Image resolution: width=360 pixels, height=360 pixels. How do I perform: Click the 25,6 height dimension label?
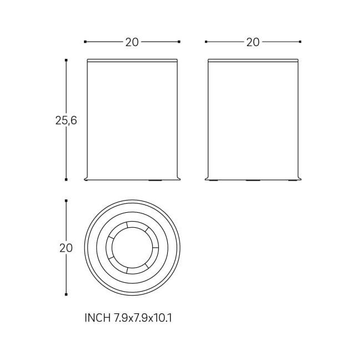(66, 121)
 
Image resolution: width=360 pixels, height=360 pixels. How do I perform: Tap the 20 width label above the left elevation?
(132, 42)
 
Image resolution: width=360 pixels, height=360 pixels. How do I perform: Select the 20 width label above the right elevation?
(253, 42)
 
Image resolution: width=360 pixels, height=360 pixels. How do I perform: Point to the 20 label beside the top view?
(66, 248)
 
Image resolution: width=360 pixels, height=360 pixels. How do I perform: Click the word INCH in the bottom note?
(97, 318)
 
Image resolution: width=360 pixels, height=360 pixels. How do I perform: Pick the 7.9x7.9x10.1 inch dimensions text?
(143, 318)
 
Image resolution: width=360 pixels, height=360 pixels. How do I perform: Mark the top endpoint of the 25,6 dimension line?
(66, 60)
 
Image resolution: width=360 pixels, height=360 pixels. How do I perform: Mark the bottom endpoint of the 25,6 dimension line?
(66, 179)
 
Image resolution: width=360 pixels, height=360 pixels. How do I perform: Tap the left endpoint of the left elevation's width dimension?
(85, 42)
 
